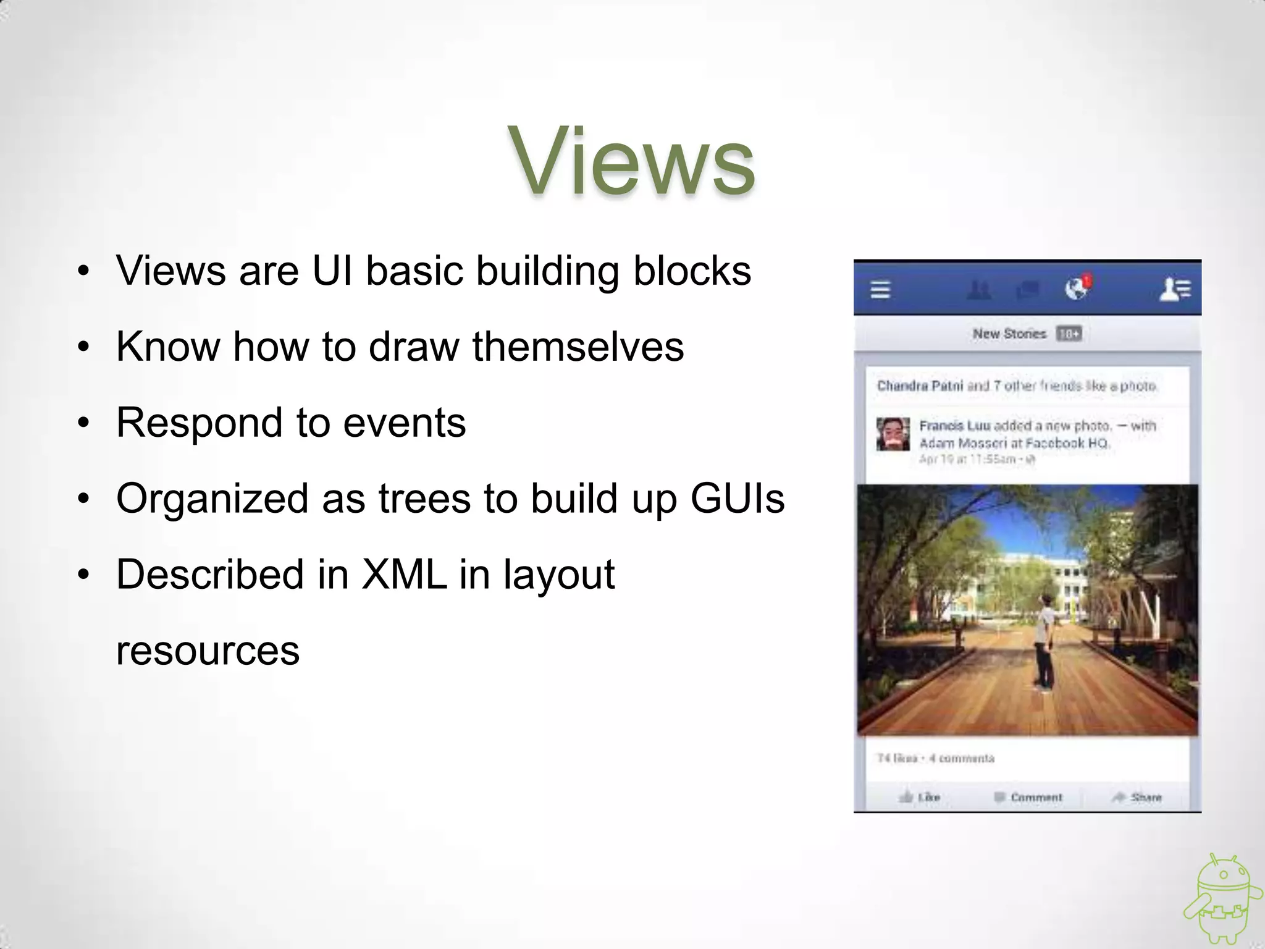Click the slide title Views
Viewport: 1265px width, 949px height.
pyautogui.click(x=631, y=162)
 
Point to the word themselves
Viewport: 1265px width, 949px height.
pyautogui.click(x=578, y=347)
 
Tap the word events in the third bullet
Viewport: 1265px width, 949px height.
pyautogui.click(x=404, y=423)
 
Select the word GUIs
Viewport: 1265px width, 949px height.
pyautogui.click(x=738, y=499)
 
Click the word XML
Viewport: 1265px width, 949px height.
pyautogui.click(x=404, y=575)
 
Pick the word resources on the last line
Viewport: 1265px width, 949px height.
pyautogui.click(x=208, y=651)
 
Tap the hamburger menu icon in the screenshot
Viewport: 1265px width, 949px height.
pyautogui.click(x=880, y=289)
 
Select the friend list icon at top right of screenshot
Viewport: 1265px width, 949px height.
pyautogui.click(x=1175, y=289)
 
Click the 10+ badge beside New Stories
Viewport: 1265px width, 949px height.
pyautogui.click(x=1069, y=334)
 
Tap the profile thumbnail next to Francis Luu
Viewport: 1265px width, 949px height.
pyautogui.click(x=893, y=434)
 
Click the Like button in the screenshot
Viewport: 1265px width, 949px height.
pyautogui.click(x=920, y=797)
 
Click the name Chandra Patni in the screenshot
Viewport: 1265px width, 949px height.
pyautogui.click(x=920, y=386)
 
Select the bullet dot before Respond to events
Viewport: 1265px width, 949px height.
pyautogui.click(x=83, y=423)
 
